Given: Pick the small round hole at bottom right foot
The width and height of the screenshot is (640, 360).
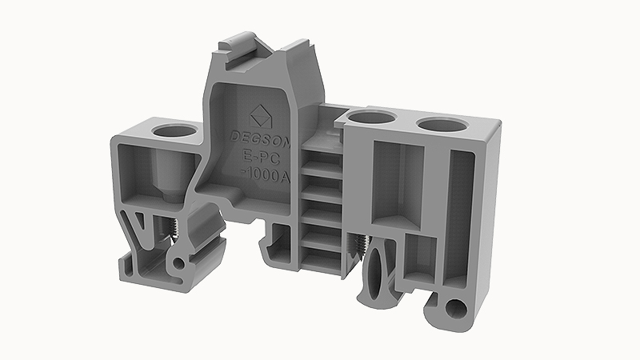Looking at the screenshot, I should point(457,310).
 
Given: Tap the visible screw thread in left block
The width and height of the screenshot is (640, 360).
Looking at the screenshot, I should point(171,230).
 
